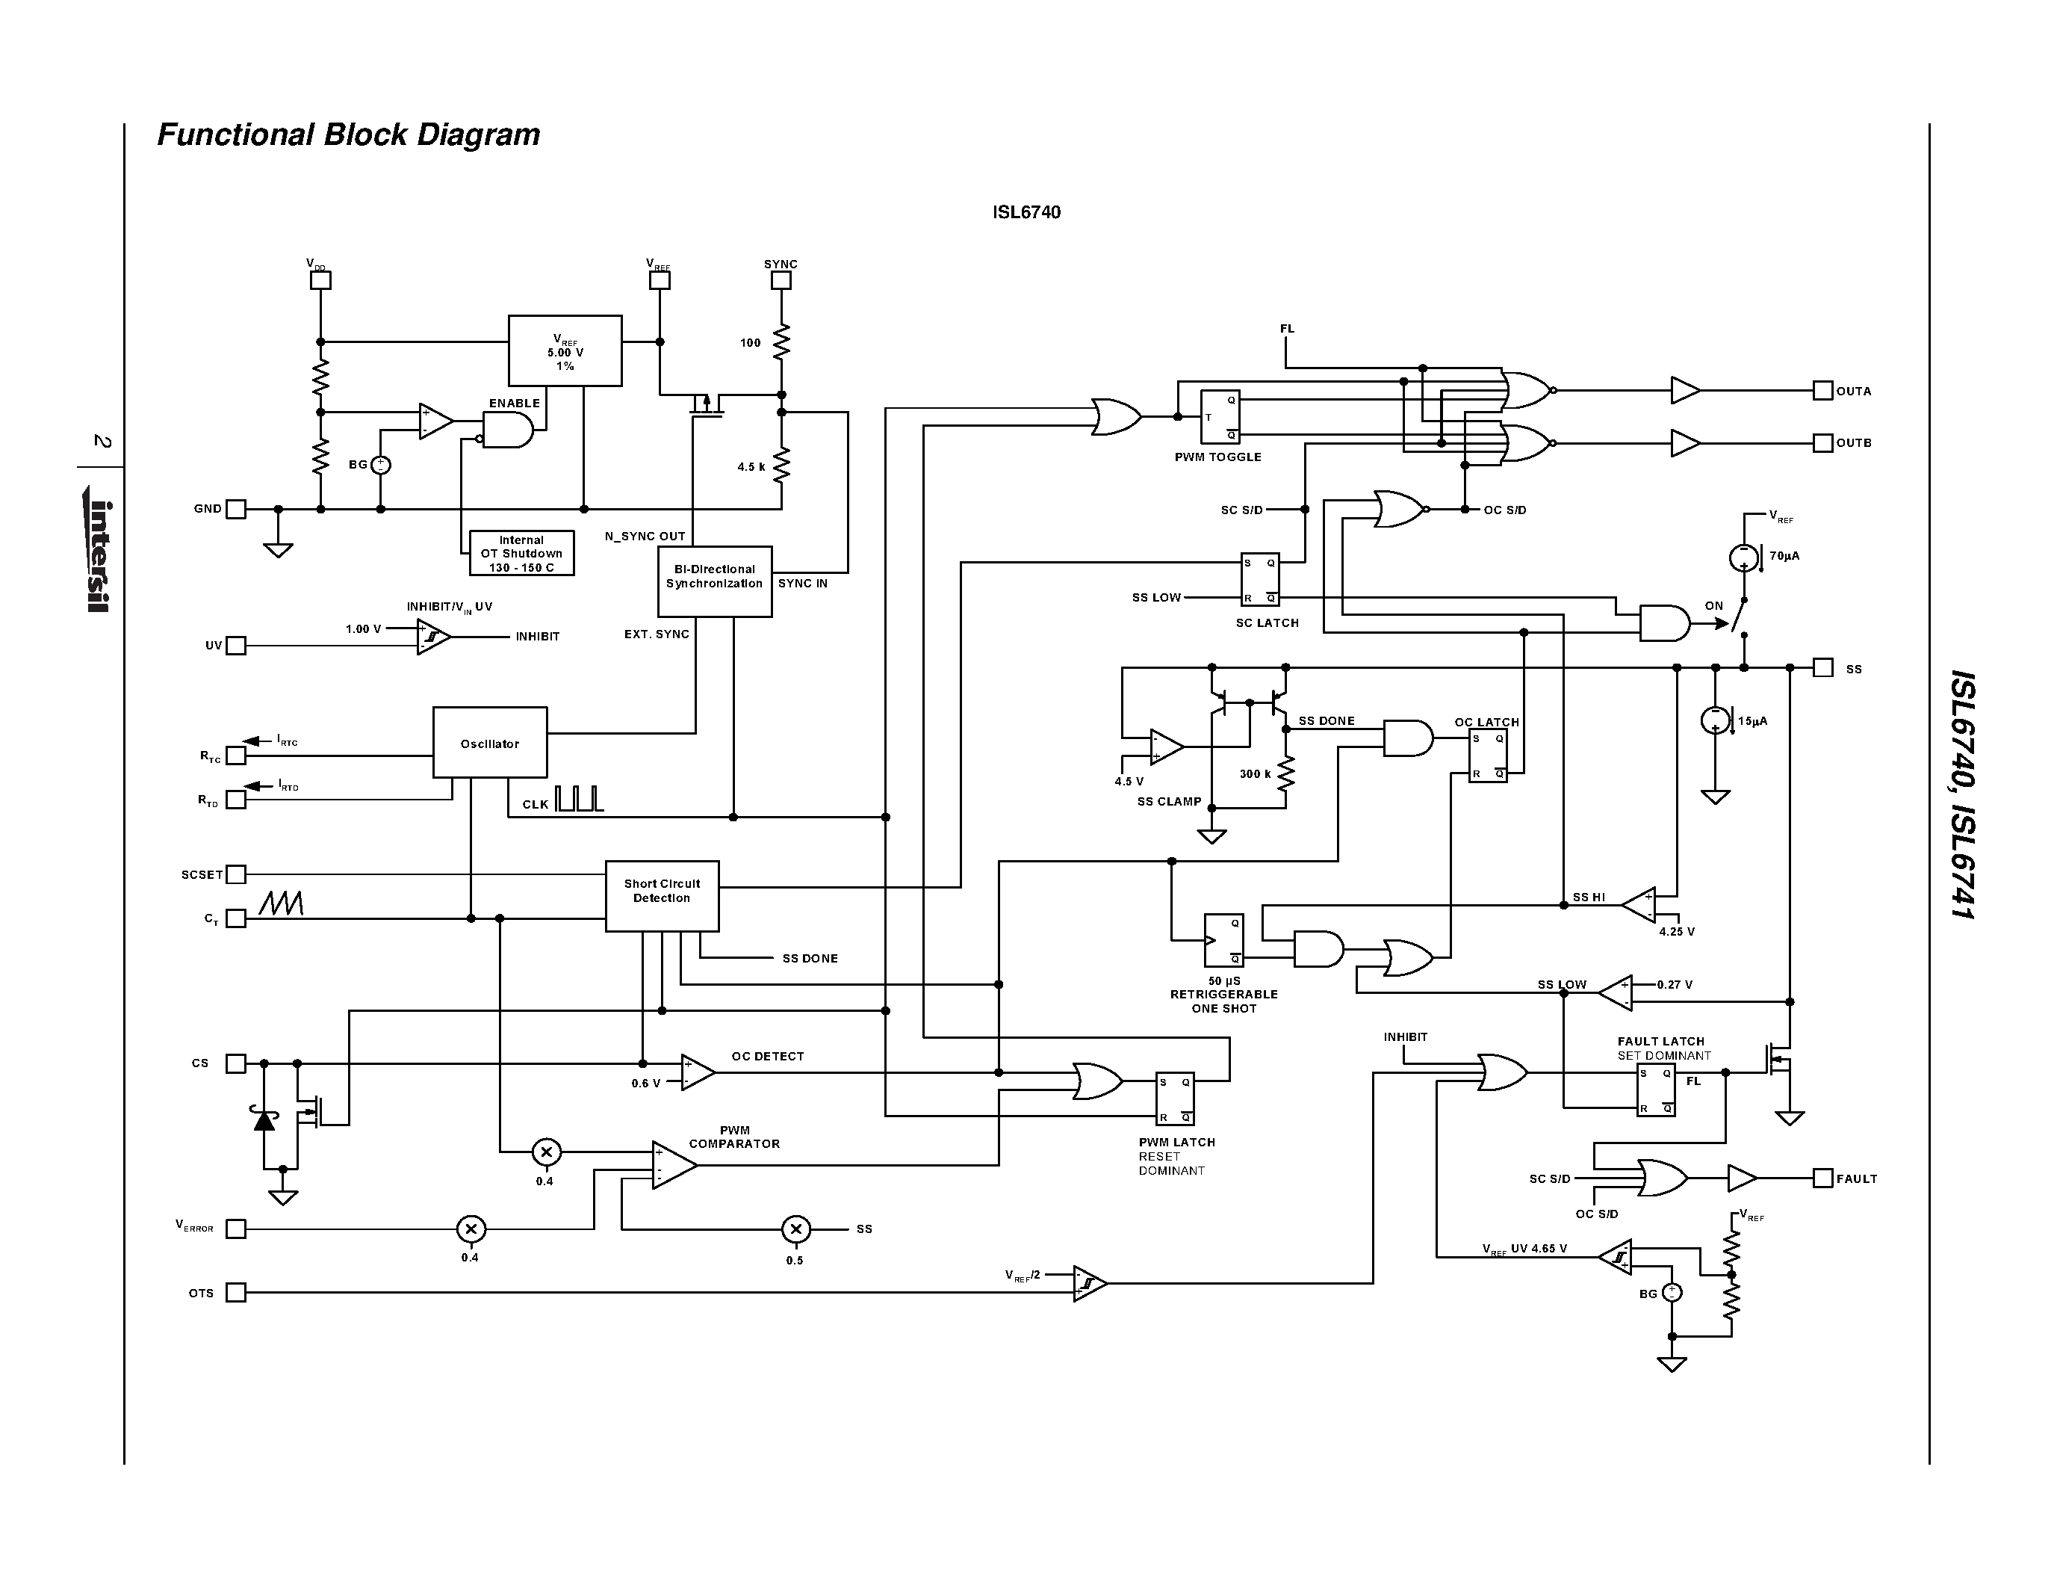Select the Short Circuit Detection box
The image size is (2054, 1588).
661,895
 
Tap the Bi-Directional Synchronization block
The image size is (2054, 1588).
714,581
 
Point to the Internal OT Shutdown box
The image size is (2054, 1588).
521,553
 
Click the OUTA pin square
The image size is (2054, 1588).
1822,390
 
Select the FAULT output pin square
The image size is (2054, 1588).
1822,1178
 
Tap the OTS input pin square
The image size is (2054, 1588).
236,1293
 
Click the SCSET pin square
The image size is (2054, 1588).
236,874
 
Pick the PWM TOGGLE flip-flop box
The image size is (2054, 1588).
1220,417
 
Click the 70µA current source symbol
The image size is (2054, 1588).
1743,557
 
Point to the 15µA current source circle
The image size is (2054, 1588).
1714,720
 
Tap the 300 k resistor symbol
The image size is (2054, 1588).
1285,774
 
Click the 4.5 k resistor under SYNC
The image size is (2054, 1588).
781,466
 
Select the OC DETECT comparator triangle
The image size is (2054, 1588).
697,1072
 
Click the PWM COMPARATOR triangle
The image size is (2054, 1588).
672,1165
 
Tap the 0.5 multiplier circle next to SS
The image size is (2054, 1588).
795,1229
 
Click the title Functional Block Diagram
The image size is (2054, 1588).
348,135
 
